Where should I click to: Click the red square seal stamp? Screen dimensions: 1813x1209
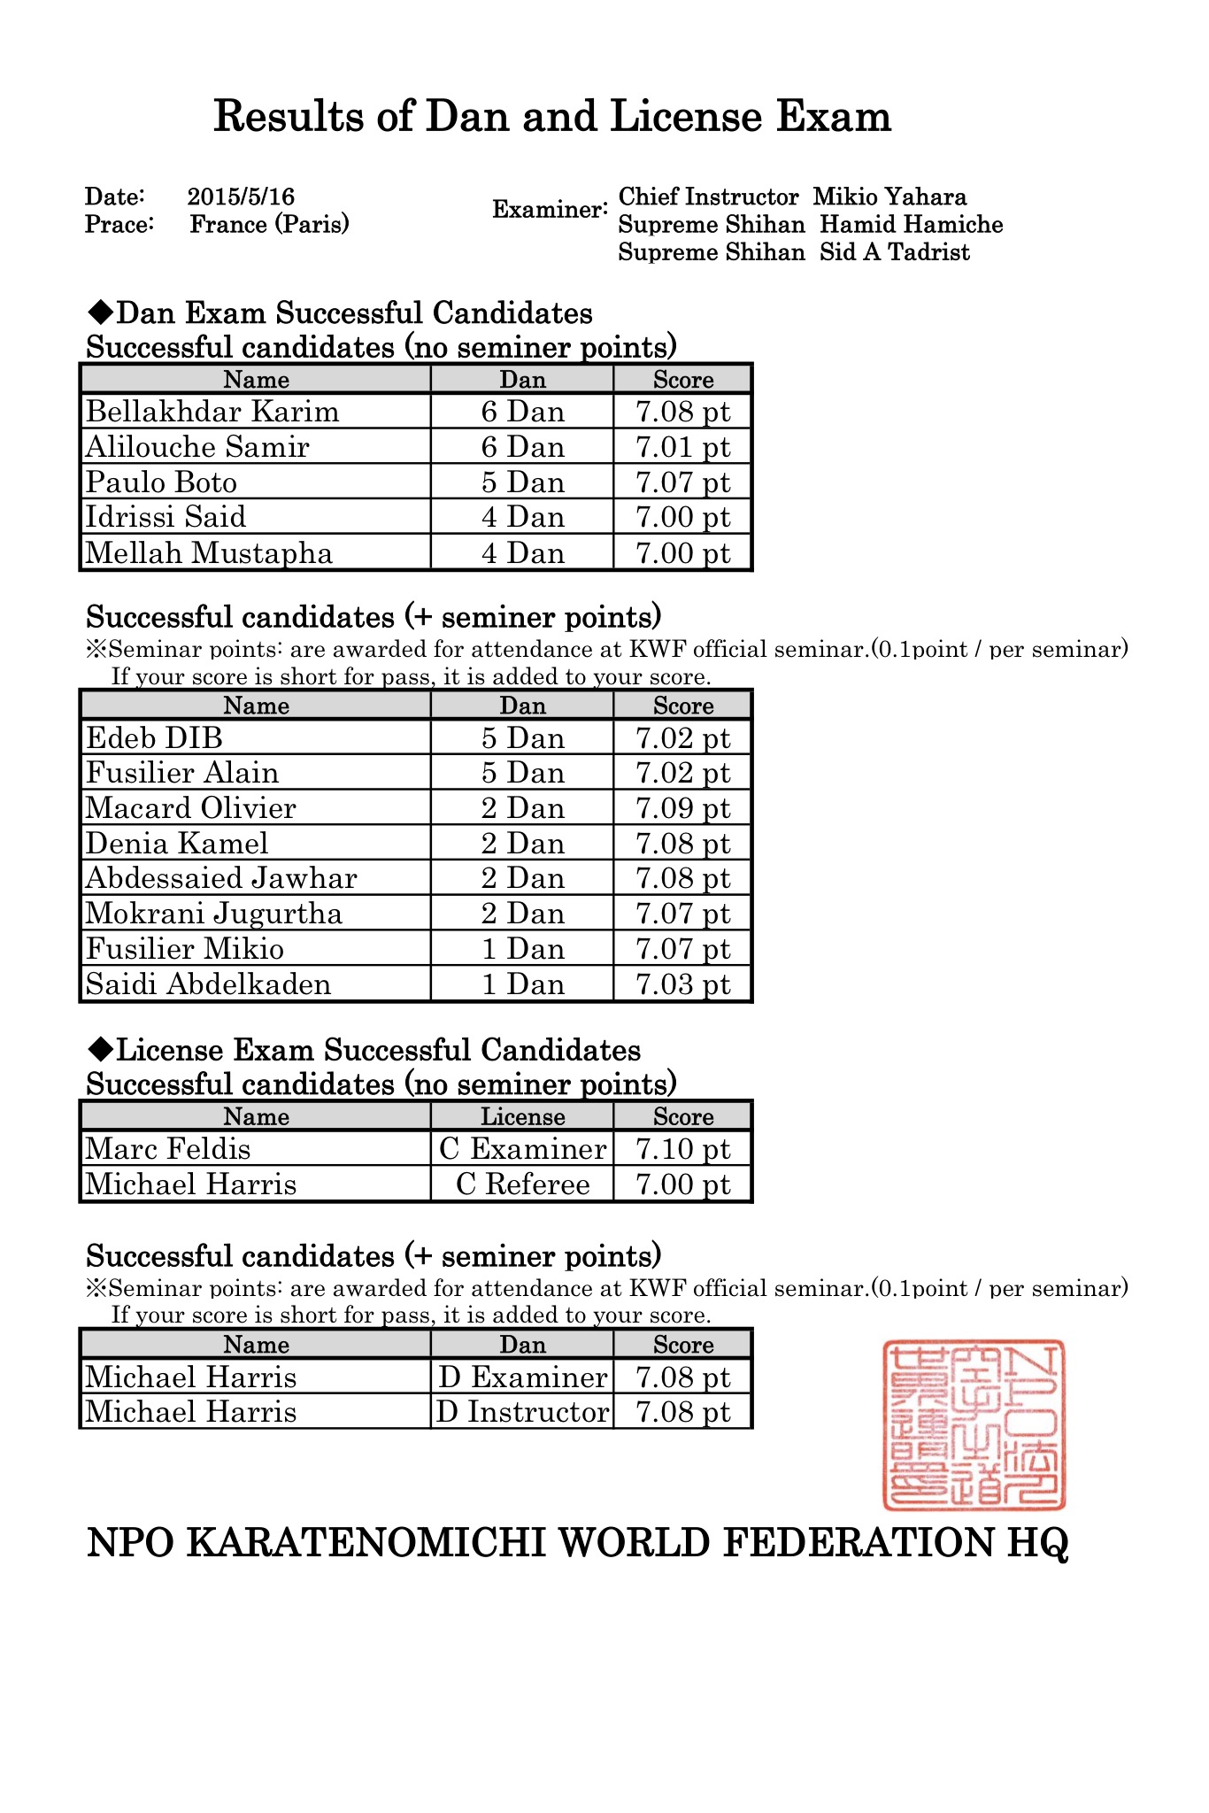pos(974,1424)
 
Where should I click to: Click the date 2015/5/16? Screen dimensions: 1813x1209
pos(241,197)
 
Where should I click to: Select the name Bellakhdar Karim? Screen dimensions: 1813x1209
pos(212,412)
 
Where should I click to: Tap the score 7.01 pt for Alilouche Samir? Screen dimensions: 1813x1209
pos(683,447)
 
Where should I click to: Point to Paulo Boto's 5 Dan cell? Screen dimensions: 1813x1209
pos(522,482)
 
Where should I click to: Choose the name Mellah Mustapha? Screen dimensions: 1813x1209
pos(209,553)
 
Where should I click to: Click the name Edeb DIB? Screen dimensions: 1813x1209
pos(154,738)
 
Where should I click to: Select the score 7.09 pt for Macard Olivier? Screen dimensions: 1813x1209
pos(683,808)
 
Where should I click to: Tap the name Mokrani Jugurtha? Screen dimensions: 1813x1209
pos(214,914)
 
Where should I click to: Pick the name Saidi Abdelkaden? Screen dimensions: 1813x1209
pos(208,984)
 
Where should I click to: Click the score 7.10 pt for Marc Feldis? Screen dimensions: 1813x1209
pos(683,1149)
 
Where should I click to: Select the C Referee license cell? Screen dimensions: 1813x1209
pos(522,1184)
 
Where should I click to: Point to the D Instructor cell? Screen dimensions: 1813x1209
pos(522,1412)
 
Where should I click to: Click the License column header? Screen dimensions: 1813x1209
pos(522,1117)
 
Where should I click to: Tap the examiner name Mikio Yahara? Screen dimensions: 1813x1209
pos(889,197)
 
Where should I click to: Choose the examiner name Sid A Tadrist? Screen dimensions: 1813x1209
pos(894,252)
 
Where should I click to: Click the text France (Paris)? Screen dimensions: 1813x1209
pos(269,224)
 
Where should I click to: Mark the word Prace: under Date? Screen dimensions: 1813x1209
pos(119,224)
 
